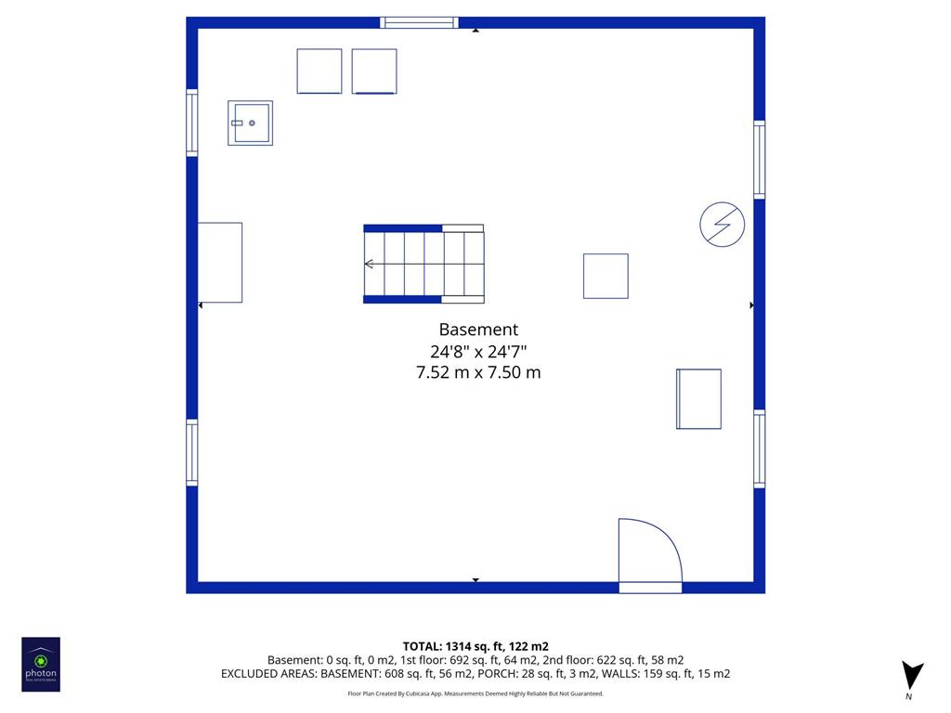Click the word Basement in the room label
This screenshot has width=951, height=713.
click(x=478, y=330)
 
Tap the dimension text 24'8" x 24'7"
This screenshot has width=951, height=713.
click(x=478, y=351)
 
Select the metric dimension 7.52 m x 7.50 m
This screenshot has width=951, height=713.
click(x=478, y=372)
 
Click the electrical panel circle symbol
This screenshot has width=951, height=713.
click(x=722, y=225)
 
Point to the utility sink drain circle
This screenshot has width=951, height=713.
click(x=252, y=123)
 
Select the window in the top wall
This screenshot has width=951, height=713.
click(x=419, y=23)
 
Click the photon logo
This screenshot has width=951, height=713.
click(x=41, y=665)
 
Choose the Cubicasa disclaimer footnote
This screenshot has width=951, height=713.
click(x=475, y=694)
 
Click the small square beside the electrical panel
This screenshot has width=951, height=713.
click(x=606, y=276)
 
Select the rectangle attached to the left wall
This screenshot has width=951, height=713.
click(x=220, y=263)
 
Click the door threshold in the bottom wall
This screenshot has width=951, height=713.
click(x=650, y=588)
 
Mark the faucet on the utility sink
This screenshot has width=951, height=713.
click(x=237, y=123)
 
